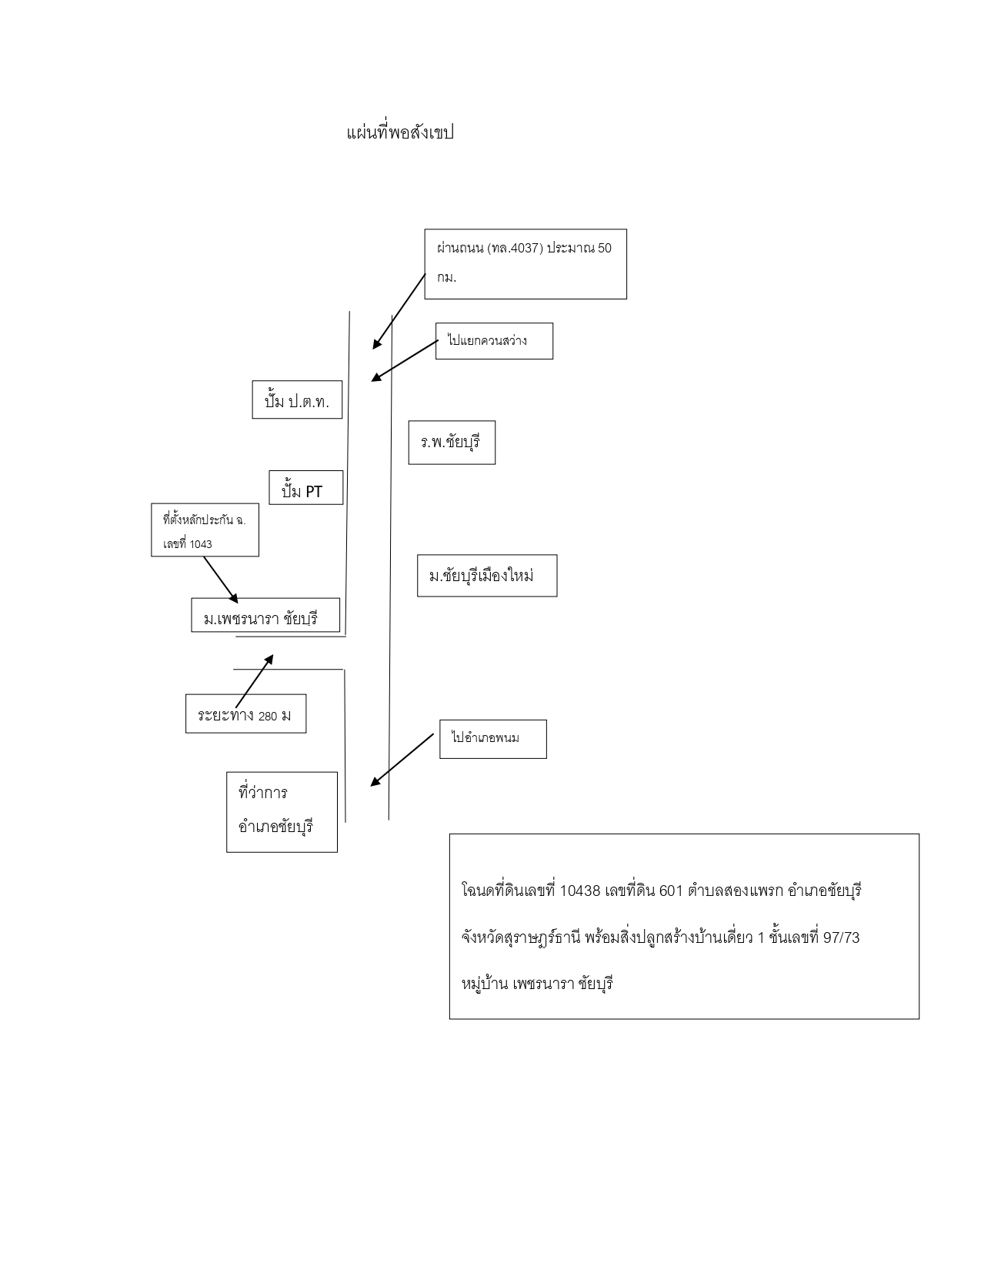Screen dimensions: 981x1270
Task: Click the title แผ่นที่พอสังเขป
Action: pyautogui.click(x=400, y=132)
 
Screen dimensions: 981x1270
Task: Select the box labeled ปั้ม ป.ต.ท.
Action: pyautogui.click(x=297, y=399)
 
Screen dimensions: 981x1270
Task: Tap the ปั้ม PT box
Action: pyautogui.click(x=305, y=487)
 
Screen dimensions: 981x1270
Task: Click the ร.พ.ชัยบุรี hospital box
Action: pyautogui.click(x=452, y=443)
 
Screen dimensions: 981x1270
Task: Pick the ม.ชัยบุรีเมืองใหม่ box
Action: pyautogui.click(x=487, y=576)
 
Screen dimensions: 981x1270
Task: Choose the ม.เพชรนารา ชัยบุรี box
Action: pyautogui.click(x=265, y=615)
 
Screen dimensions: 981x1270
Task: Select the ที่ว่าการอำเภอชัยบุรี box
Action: pyautogui.click(x=282, y=812)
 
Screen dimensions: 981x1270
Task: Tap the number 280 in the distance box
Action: pyautogui.click(x=268, y=717)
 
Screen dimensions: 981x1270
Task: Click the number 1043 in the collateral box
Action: pyautogui.click(x=200, y=545)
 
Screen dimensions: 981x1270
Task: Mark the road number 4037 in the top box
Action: pyautogui.click(x=527, y=248)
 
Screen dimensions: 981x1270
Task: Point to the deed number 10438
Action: pyautogui.click(x=579, y=891)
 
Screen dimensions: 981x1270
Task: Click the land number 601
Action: pyautogui.click(x=671, y=891)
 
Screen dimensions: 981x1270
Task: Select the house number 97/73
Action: pyautogui.click(x=842, y=937)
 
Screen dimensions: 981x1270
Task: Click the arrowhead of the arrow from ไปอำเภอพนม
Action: pyautogui.click(x=375, y=783)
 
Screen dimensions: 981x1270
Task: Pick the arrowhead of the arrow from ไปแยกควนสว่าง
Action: pyautogui.click(x=376, y=378)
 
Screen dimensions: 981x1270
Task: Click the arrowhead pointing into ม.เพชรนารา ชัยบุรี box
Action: pyautogui.click(x=234, y=599)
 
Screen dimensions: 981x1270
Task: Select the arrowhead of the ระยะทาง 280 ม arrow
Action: pyautogui.click(x=269, y=659)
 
